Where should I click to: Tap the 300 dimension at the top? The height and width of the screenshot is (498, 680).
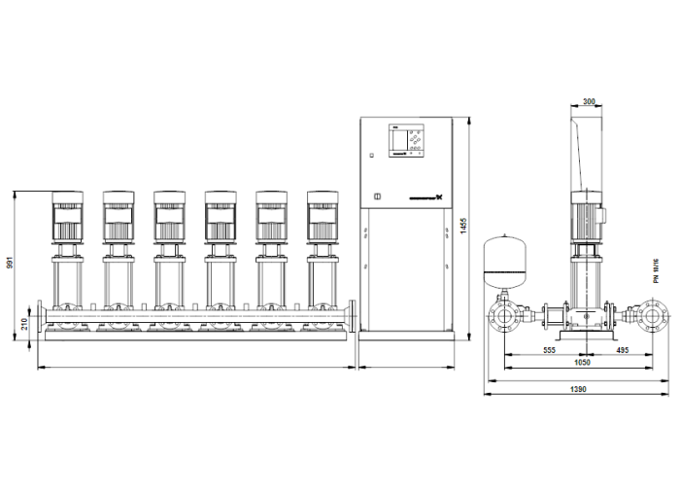(x=589, y=101)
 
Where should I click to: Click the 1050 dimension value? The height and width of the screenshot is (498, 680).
(x=582, y=362)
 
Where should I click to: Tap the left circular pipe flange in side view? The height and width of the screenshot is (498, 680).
(x=505, y=318)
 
